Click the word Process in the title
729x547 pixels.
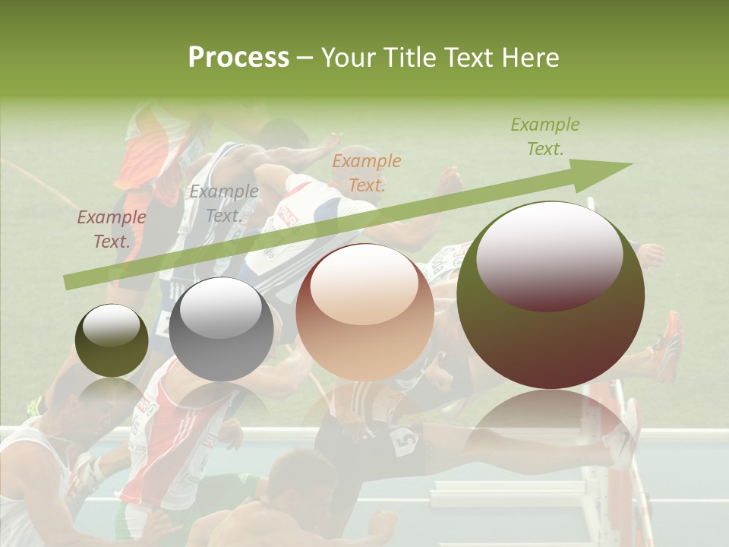pyautogui.click(x=238, y=58)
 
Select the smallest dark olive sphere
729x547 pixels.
pyautogui.click(x=112, y=340)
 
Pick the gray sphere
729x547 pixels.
pyautogui.click(x=221, y=329)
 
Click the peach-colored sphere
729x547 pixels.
pyautogui.click(x=364, y=312)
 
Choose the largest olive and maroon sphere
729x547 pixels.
pyautogui.click(x=551, y=296)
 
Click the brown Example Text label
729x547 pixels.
pyautogui.click(x=111, y=229)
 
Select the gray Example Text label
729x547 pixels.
pyautogui.click(x=223, y=204)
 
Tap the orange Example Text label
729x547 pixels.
pyautogui.click(x=366, y=172)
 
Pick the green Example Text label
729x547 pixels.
pyautogui.click(x=544, y=137)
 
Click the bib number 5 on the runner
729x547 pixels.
pyautogui.click(x=404, y=440)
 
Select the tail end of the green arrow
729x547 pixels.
pyautogui.click(x=68, y=282)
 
